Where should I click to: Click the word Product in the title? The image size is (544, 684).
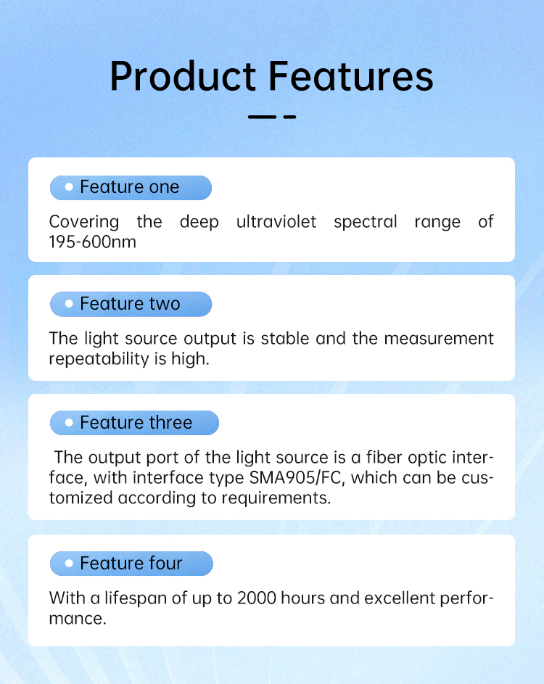coord(183,76)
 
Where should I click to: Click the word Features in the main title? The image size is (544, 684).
coord(351,76)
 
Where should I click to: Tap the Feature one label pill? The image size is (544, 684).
coord(131,188)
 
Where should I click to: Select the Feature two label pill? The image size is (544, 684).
coord(131,304)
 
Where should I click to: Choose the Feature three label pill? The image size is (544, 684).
coord(134,423)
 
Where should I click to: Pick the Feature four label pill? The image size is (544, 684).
coord(131,564)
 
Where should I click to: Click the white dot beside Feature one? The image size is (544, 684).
coord(69,187)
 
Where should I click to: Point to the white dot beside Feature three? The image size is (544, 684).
coord(69,422)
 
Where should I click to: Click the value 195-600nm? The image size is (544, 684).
coord(93,242)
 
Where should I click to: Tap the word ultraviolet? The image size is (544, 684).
coord(276,222)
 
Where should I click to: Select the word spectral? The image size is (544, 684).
coord(366,223)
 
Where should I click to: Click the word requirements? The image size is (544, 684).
coord(276,498)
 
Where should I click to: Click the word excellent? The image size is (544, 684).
coord(400,598)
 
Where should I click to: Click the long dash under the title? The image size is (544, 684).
coord(262,117)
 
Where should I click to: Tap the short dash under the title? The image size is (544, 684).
coord(289,117)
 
